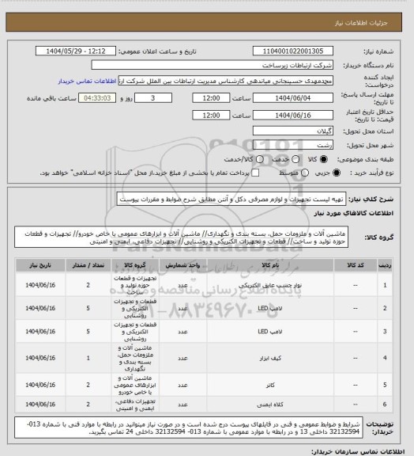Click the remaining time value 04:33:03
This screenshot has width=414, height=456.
coord(97,97)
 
